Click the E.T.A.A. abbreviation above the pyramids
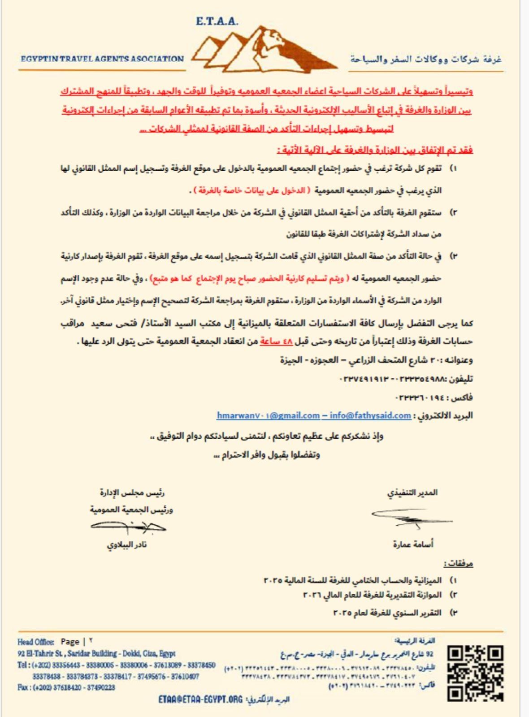click(x=217, y=21)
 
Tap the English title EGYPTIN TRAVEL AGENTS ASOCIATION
click(x=102, y=59)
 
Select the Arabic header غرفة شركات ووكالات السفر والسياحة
click(x=425, y=59)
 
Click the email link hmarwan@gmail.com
click(x=268, y=415)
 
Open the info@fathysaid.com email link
click(x=370, y=415)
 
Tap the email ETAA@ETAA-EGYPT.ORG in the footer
click(x=200, y=700)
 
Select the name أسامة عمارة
click(x=413, y=544)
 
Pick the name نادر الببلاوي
click(x=126, y=545)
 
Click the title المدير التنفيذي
click(x=412, y=492)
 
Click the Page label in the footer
click(x=69, y=642)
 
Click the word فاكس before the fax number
click(x=463, y=397)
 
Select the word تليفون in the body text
click(x=460, y=379)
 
